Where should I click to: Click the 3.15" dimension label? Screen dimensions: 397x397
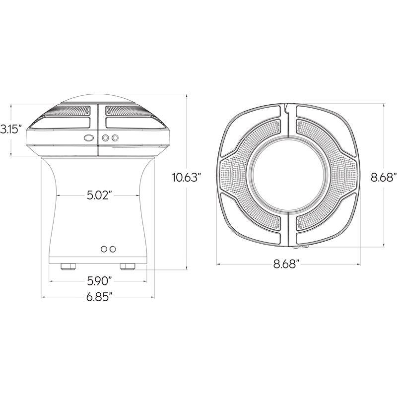[x=9, y=130]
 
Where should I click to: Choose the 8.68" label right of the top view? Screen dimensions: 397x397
[x=383, y=178]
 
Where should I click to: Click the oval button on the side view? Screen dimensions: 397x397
[x=89, y=138]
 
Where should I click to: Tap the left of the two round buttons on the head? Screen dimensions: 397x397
[x=106, y=138]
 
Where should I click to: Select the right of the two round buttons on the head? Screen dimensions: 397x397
[x=115, y=138]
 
